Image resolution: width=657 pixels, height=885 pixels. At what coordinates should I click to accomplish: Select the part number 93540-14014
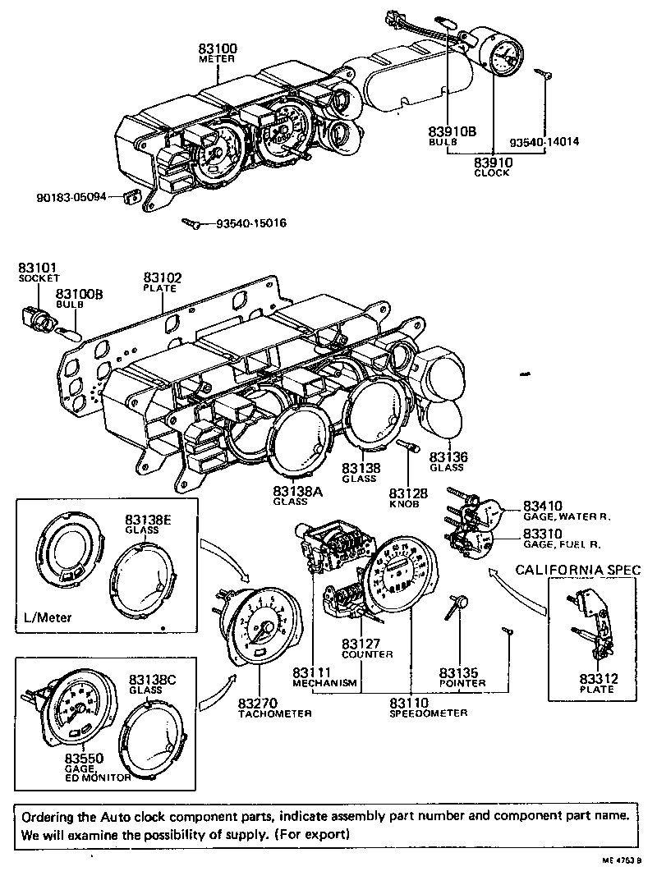click(544, 141)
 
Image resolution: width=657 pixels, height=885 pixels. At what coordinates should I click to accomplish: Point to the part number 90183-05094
click(71, 198)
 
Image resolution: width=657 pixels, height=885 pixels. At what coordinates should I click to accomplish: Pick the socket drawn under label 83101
click(31, 317)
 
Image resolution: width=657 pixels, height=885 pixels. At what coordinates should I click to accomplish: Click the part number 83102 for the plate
click(163, 278)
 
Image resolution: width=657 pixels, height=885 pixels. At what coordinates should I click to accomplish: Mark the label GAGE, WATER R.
click(564, 517)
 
